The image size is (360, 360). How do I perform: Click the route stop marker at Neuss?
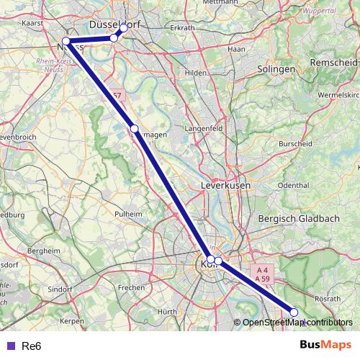point(66,41)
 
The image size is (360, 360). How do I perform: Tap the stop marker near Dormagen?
point(134,128)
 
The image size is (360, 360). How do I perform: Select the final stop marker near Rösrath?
point(294,312)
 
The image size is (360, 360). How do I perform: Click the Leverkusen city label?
point(225,185)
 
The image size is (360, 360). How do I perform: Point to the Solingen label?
point(276,69)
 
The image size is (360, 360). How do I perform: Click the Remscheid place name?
point(333,63)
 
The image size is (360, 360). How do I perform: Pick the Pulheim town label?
point(129,214)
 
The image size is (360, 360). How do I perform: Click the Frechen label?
point(131,287)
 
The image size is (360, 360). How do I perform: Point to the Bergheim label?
point(42,250)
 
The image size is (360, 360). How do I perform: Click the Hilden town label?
point(195,73)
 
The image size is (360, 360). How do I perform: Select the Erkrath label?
point(181,28)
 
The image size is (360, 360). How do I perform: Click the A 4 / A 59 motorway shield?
point(262,274)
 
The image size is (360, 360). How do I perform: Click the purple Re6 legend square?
point(9,346)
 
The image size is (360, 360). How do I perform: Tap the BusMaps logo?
point(325,346)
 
